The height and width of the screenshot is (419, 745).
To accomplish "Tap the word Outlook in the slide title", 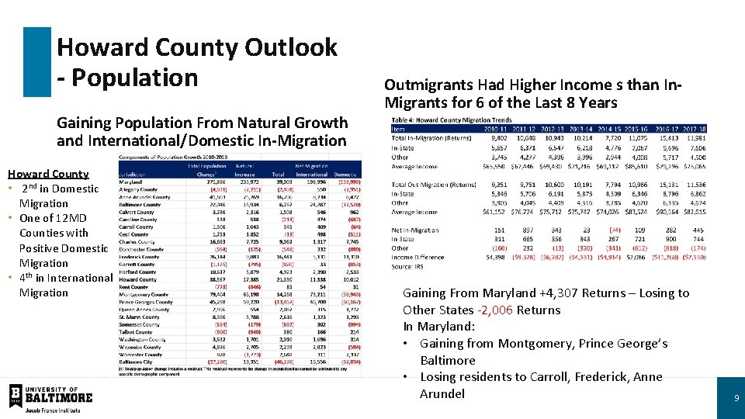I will tap(291, 47).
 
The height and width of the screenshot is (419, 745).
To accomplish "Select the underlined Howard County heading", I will tap(48, 174).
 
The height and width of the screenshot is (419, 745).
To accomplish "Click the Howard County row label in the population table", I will tap(137, 279).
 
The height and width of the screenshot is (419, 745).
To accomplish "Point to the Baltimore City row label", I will tap(136, 361).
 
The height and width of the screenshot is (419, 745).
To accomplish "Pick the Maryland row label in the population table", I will tap(132, 182).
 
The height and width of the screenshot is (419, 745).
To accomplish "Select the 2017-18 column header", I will tap(691, 130).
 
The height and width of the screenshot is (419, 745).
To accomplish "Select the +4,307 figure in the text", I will tap(563, 293).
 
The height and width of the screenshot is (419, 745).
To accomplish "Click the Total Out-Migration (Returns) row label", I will tap(434, 185).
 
